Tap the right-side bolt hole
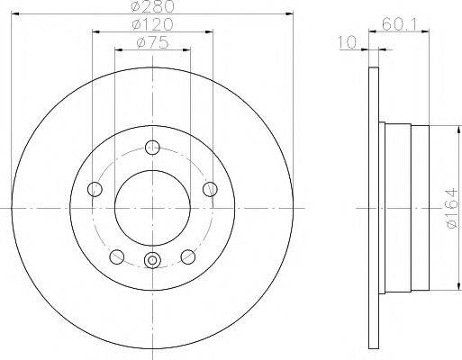pos(209,189)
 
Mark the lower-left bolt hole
pos(116,256)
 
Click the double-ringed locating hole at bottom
pos(151,262)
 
